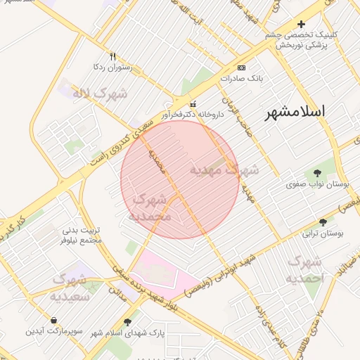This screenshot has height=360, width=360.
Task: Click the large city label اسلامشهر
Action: (295, 112)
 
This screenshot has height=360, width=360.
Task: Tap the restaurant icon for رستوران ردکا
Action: (112, 56)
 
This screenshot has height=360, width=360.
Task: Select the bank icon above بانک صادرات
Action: (241, 67)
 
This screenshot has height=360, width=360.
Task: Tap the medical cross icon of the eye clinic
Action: (302, 24)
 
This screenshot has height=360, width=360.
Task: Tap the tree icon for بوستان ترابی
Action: (323, 221)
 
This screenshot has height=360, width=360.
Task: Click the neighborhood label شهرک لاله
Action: (103, 94)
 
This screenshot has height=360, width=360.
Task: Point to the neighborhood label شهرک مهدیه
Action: (224, 169)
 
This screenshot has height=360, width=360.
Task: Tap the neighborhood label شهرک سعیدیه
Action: (69, 288)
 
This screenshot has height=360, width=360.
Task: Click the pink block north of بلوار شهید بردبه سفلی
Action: (155, 271)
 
